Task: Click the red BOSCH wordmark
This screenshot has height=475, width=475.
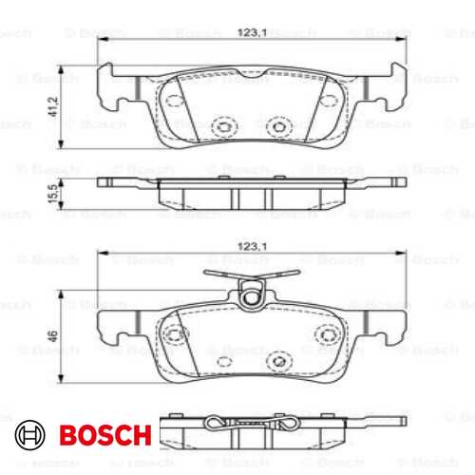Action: click(104, 435)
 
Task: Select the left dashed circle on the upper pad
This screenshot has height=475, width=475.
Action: click(225, 124)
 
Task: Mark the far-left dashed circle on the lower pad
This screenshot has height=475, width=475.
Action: click(172, 335)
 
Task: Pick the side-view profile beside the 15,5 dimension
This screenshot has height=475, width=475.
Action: click(252, 194)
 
